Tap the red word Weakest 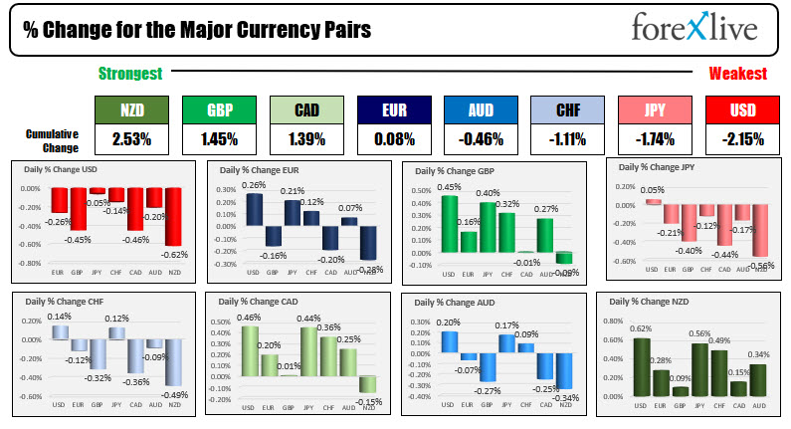coord(737,74)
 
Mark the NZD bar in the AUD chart coord(564,359)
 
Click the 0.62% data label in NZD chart coord(641,328)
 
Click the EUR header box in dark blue coord(393,109)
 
